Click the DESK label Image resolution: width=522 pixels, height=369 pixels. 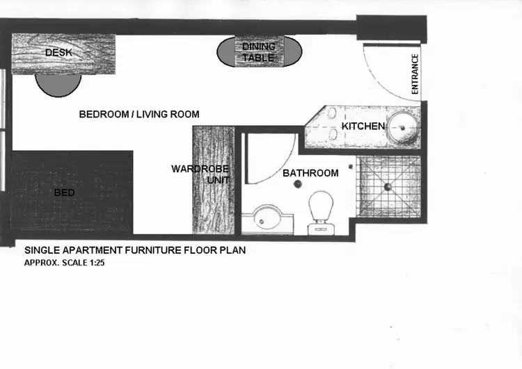click(x=58, y=53)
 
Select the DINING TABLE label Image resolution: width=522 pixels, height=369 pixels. click(x=258, y=52)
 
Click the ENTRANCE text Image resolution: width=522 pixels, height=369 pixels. click(x=415, y=74)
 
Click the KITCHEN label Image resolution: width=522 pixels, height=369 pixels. click(x=363, y=126)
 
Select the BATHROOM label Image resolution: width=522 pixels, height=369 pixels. click(x=310, y=173)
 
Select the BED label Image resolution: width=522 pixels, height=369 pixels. click(x=64, y=192)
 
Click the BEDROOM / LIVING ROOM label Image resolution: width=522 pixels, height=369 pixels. click(x=139, y=115)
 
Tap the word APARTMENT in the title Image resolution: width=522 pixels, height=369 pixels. click(x=87, y=249)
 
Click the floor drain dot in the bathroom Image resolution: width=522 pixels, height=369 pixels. click(x=298, y=184)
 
